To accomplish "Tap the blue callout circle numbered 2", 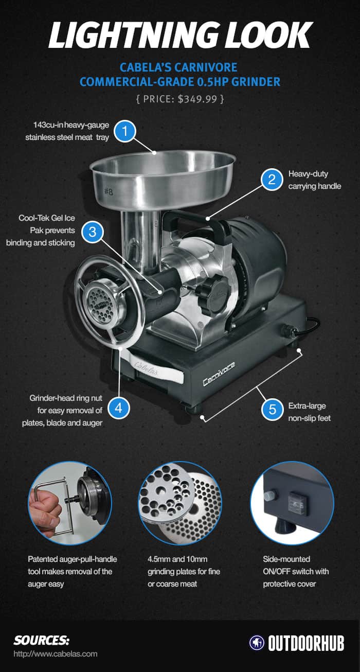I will click(272, 180).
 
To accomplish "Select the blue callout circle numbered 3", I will click(93, 232).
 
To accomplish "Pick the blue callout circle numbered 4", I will click(118, 408).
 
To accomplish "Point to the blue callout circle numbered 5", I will click(272, 410).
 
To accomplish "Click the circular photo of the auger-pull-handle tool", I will click(69, 503).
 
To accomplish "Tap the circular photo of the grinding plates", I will click(180, 503).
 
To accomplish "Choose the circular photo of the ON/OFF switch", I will click(291, 503).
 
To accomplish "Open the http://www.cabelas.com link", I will click(56, 655).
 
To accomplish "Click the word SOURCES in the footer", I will click(41, 641).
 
